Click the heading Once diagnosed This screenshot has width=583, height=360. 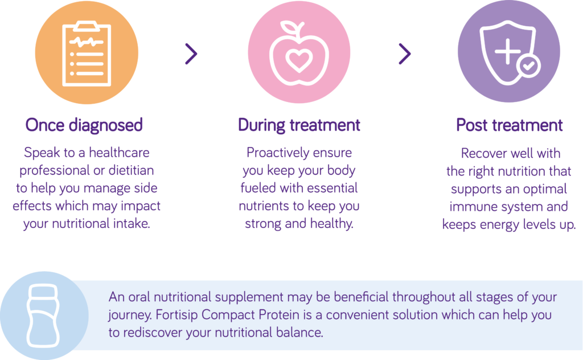click(84, 125)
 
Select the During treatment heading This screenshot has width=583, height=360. click(299, 125)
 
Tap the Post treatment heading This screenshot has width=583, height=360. click(510, 125)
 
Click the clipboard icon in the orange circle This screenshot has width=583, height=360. click(87, 54)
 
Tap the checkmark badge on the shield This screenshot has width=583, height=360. click(528, 66)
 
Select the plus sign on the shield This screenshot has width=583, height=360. click(507, 51)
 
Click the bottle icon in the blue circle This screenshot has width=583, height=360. click(43, 316)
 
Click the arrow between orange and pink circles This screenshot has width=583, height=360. click(191, 54)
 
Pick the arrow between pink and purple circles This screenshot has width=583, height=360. click(405, 54)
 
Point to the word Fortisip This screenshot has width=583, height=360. click(176, 314)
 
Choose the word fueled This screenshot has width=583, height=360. click(258, 188)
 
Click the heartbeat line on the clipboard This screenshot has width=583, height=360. click(87, 42)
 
